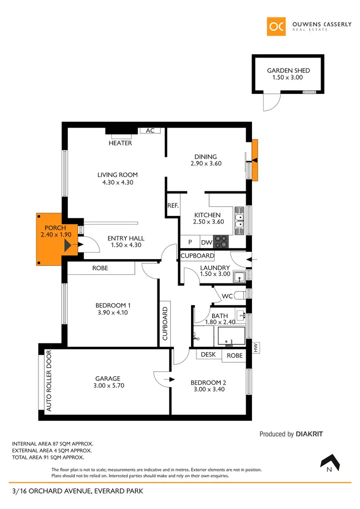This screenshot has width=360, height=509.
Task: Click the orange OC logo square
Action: click(276, 26)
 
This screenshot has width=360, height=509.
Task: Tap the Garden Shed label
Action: click(288, 71)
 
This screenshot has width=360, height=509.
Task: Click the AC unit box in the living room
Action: click(150, 130)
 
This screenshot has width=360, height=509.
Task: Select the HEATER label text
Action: click(120, 143)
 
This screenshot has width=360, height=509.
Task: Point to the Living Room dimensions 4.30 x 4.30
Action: click(118, 182)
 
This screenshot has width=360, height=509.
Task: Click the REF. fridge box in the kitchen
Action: click(173, 205)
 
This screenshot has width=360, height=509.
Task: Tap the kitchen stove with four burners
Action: click(222, 241)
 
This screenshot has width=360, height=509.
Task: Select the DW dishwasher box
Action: click(207, 243)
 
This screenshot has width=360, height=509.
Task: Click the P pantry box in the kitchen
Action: click(190, 243)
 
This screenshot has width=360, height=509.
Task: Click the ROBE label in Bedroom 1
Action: click(100, 268)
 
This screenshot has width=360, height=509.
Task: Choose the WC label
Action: click(227, 296)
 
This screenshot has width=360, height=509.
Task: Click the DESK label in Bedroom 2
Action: click(208, 355)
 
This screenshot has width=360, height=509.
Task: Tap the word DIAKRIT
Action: click(310, 434)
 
